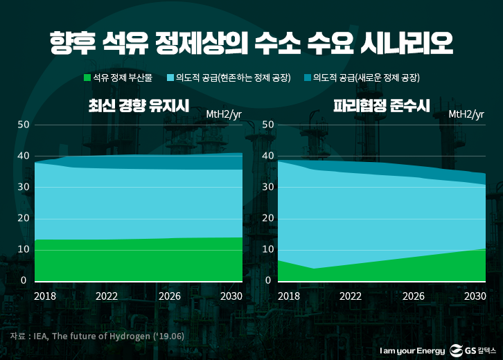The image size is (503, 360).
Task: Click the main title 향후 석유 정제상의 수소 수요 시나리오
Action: click(x=251, y=43)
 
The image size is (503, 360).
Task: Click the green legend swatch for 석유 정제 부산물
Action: click(x=87, y=78)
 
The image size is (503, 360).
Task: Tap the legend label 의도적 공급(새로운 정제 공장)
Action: click(x=367, y=78)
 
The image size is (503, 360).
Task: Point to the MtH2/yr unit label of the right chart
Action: click(x=466, y=114)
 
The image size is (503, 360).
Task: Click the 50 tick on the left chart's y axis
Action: click(x=23, y=125)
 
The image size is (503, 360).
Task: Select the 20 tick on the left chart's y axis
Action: click(x=23, y=219)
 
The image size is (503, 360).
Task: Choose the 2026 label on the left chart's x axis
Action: click(x=170, y=296)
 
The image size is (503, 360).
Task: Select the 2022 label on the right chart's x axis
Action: click(x=351, y=296)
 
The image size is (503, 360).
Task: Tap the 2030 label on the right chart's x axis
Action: click(x=475, y=296)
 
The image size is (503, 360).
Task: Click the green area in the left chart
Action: click(x=139, y=260)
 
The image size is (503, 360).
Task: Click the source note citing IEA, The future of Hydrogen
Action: click(x=96, y=336)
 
